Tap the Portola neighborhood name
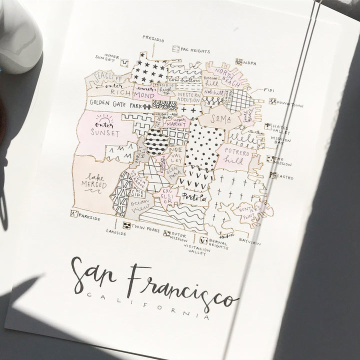pyautogui.click(x=193, y=197)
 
